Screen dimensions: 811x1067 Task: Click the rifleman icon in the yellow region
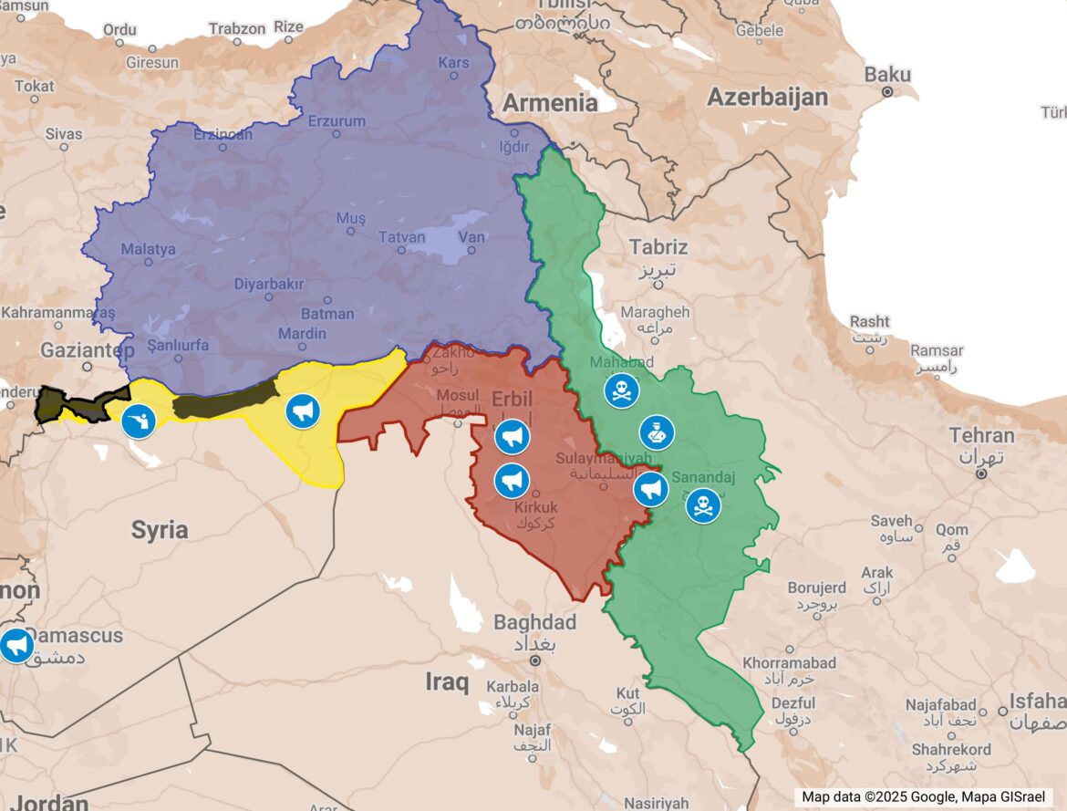click(139, 421)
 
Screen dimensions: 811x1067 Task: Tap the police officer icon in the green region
click(657, 432)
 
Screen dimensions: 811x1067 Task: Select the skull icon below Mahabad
click(621, 391)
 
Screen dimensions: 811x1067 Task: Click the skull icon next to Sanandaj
click(703, 504)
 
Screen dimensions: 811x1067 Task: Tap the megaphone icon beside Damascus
click(16, 645)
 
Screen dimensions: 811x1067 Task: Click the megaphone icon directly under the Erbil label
click(513, 437)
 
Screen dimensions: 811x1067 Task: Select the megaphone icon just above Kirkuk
click(513, 480)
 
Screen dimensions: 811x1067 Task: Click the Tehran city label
click(981, 435)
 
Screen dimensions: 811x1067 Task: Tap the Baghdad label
click(535, 622)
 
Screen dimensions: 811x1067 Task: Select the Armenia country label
click(550, 102)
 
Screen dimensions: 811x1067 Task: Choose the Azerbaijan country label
click(768, 97)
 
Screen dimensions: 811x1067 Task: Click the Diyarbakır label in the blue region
click(268, 284)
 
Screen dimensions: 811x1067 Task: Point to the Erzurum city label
click(337, 121)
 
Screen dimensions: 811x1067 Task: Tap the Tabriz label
click(658, 246)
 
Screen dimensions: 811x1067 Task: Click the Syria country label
click(160, 529)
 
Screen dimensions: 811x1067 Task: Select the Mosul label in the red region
click(458, 395)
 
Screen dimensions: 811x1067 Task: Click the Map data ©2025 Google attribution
click(924, 796)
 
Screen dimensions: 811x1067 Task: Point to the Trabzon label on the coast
click(237, 28)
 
